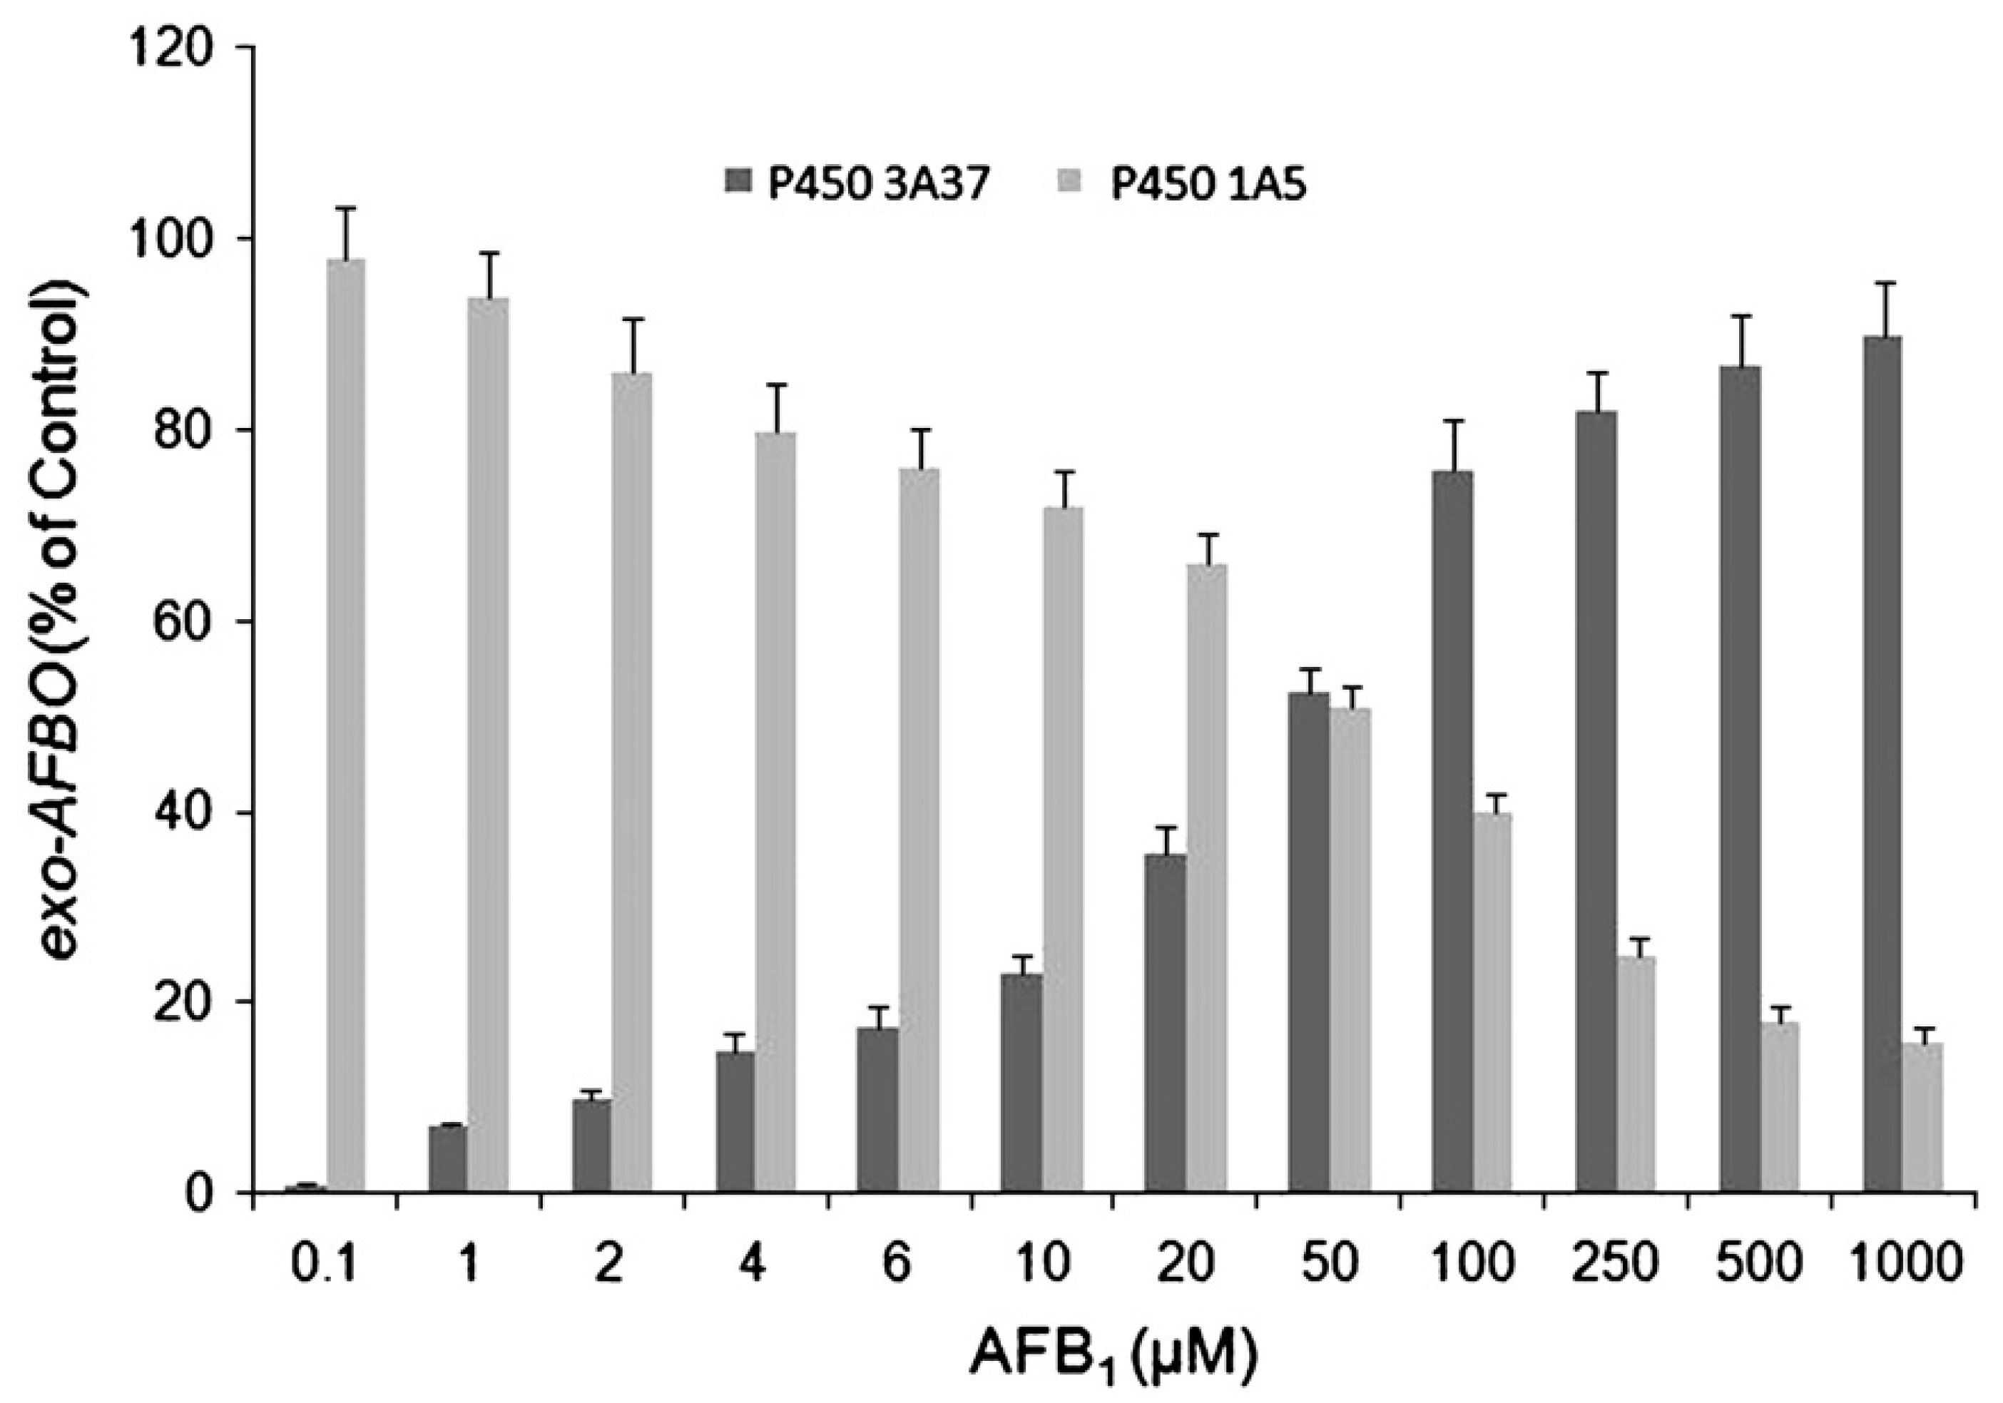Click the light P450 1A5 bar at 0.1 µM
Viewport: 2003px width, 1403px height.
pos(345,724)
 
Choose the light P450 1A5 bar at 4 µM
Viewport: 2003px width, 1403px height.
pos(775,812)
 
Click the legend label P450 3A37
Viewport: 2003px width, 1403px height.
pos(877,186)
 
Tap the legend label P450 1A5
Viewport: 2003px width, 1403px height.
pos(1208,186)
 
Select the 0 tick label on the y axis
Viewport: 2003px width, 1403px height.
pos(208,1192)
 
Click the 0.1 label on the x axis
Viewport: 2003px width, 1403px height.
pos(325,1263)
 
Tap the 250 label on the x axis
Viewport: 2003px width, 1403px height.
pos(1615,1263)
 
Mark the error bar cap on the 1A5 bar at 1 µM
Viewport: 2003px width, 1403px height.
pos(489,253)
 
